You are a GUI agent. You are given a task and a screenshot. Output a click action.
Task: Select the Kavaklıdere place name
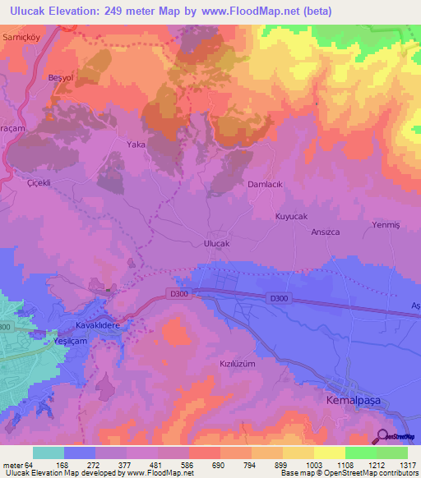[x=99, y=326]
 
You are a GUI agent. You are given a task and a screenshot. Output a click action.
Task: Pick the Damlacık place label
[x=265, y=185]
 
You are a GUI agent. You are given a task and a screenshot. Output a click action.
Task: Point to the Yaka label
[x=135, y=144]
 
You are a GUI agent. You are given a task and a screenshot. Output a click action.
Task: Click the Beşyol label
[x=62, y=77]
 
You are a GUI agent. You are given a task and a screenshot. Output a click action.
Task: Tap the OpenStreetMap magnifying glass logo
[x=384, y=436]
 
